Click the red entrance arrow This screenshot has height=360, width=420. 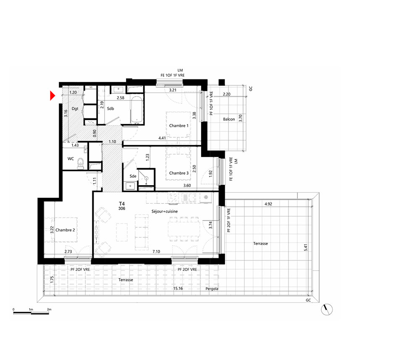(x=52, y=96)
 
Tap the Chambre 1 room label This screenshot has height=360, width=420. (x=178, y=126)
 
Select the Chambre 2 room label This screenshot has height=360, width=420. (x=65, y=230)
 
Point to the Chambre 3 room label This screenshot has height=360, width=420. (x=178, y=173)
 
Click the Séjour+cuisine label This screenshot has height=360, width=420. (x=165, y=211)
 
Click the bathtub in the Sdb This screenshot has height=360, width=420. (x=137, y=110)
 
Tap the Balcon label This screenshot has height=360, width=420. (x=229, y=119)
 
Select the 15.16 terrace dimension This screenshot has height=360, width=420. (x=178, y=289)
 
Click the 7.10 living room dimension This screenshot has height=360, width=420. (x=156, y=252)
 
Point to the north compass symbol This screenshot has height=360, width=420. (x=326, y=310)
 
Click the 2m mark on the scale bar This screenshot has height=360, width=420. (x=49, y=309)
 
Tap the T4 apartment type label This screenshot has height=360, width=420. (x=122, y=204)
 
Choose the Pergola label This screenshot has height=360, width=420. (x=212, y=289)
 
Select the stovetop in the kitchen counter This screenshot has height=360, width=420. (x=173, y=198)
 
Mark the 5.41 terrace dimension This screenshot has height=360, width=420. (x=306, y=247)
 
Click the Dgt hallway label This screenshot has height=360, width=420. (x=75, y=108)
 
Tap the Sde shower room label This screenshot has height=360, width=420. (x=133, y=176)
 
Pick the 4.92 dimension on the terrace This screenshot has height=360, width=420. (x=268, y=204)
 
